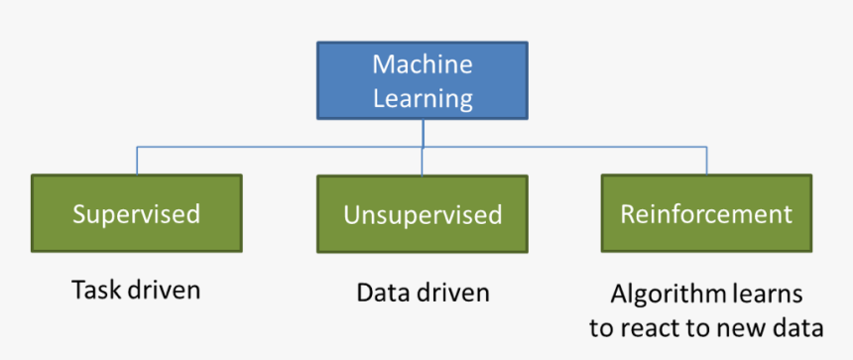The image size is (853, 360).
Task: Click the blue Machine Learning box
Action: coord(423,80)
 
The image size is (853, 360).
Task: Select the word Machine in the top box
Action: coord(423,64)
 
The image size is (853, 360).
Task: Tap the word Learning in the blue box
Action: coord(423,98)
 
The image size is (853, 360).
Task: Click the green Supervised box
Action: coord(136,213)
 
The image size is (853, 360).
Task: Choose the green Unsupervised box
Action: coord(423,214)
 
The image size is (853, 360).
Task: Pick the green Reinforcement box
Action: coord(706,213)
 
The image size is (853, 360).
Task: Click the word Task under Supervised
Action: coord(95,291)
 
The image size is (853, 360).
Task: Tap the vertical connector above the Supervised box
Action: coord(136,161)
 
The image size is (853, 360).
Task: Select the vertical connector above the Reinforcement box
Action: coord(706,161)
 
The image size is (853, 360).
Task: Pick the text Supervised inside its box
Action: coord(136,213)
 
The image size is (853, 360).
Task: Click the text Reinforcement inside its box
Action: coord(706,213)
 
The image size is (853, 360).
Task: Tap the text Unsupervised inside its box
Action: coord(423,215)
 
